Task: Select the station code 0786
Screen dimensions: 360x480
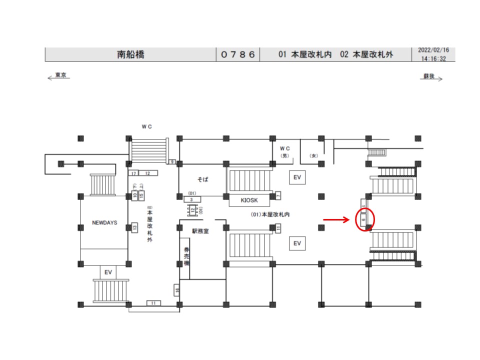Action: (238, 54)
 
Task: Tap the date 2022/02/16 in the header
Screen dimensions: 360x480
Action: (433, 50)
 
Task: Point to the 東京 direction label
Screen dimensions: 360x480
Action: (60, 75)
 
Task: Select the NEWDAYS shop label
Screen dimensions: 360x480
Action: (104, 222)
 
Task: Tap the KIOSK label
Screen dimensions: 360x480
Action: (249, 200)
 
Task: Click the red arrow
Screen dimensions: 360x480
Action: (335, 219)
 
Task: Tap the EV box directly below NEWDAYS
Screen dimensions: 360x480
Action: (107, 272)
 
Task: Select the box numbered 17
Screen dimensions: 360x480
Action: (133, 173)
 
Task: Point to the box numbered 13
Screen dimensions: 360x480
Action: (134, 227)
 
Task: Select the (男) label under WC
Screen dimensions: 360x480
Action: (284, 155)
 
